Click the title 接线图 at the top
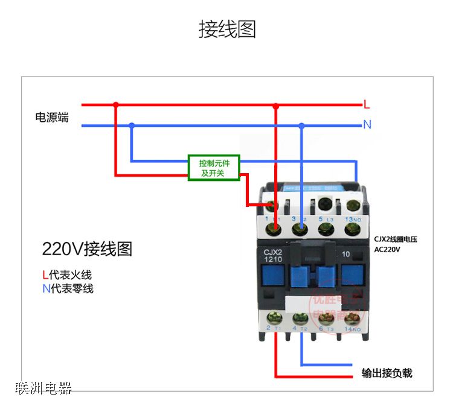(227, 29)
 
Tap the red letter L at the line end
(367, 104)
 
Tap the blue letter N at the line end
(367, 125)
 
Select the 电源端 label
(52, 117)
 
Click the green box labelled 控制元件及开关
(213, 168)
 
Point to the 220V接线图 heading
(87, 249)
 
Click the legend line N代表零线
(68, 288)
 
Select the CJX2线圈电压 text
(396, 239)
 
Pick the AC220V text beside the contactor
(387, 249)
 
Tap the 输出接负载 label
(387, 373)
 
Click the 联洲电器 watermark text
(43, 387)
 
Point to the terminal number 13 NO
(352, 218)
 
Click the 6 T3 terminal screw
(326, 317)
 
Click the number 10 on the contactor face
(346, 254)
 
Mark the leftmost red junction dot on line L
(116, 104)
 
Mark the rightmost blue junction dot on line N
(302, 125)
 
